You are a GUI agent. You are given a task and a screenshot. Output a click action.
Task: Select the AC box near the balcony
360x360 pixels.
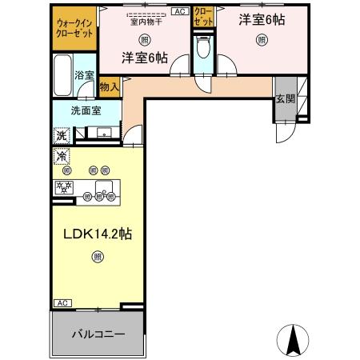(x=61, y=302)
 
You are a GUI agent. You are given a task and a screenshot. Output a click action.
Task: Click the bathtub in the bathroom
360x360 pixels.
(x=64, y=76)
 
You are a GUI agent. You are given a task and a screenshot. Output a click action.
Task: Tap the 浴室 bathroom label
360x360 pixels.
(x=84, y=75)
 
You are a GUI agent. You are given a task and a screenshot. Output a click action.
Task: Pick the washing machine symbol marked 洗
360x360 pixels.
(x=61, y=135)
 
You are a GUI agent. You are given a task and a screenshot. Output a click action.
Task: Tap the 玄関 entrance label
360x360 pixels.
(x=285, y=99)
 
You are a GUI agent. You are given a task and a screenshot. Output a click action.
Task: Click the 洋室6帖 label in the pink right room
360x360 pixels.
(x=258, y=22)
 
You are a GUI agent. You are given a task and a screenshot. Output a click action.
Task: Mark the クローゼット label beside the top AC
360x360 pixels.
(x=202, y=18)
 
